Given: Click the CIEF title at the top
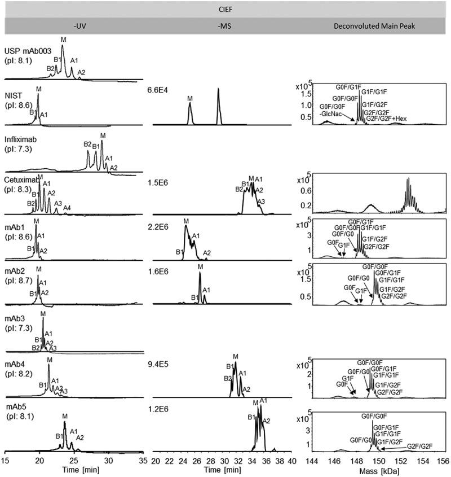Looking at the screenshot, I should [225, 8].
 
